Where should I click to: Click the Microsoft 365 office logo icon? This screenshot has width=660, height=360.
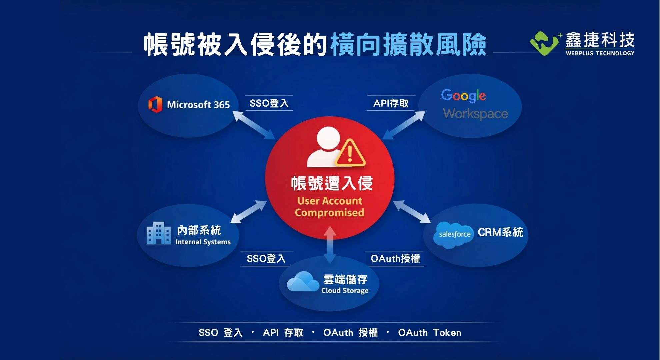pyautogui.click(x=155, y=104)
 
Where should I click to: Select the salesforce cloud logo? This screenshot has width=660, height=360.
pyautogui.click(x=454, y=235)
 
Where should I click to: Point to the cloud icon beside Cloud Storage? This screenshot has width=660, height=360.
pyautogui.click(x=303, y=282)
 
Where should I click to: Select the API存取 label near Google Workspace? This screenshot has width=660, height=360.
pyautogui.click(x=391, y=103)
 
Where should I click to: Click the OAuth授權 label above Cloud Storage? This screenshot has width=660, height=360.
pyautogui.click(x=395, y=259)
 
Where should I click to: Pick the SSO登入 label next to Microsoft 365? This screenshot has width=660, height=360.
pyautogui.click(x=269, y=103)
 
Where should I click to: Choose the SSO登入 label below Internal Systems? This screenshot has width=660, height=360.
pyautogui.click(x=266, y=259)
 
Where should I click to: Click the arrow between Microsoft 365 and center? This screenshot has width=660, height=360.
pyautogui.click(x=253, y=125)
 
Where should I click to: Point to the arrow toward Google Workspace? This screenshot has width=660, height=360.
pyautogui.click(x=404, y=125)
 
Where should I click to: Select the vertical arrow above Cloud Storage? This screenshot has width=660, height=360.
pyautogui.click(x=330, y=245)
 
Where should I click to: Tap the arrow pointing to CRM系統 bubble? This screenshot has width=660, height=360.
pyautogui.click(x=412, y=212)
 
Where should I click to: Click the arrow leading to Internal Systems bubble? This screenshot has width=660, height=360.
pyautogui.click(x=248, y=212)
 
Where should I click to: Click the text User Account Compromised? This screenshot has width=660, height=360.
pyautogui.click(x=329, y=207)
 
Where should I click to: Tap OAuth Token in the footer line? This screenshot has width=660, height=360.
pyautogui.click(x=430, y=333)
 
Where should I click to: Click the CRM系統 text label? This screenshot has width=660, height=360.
pyautogui.click(x=500, y=232)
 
